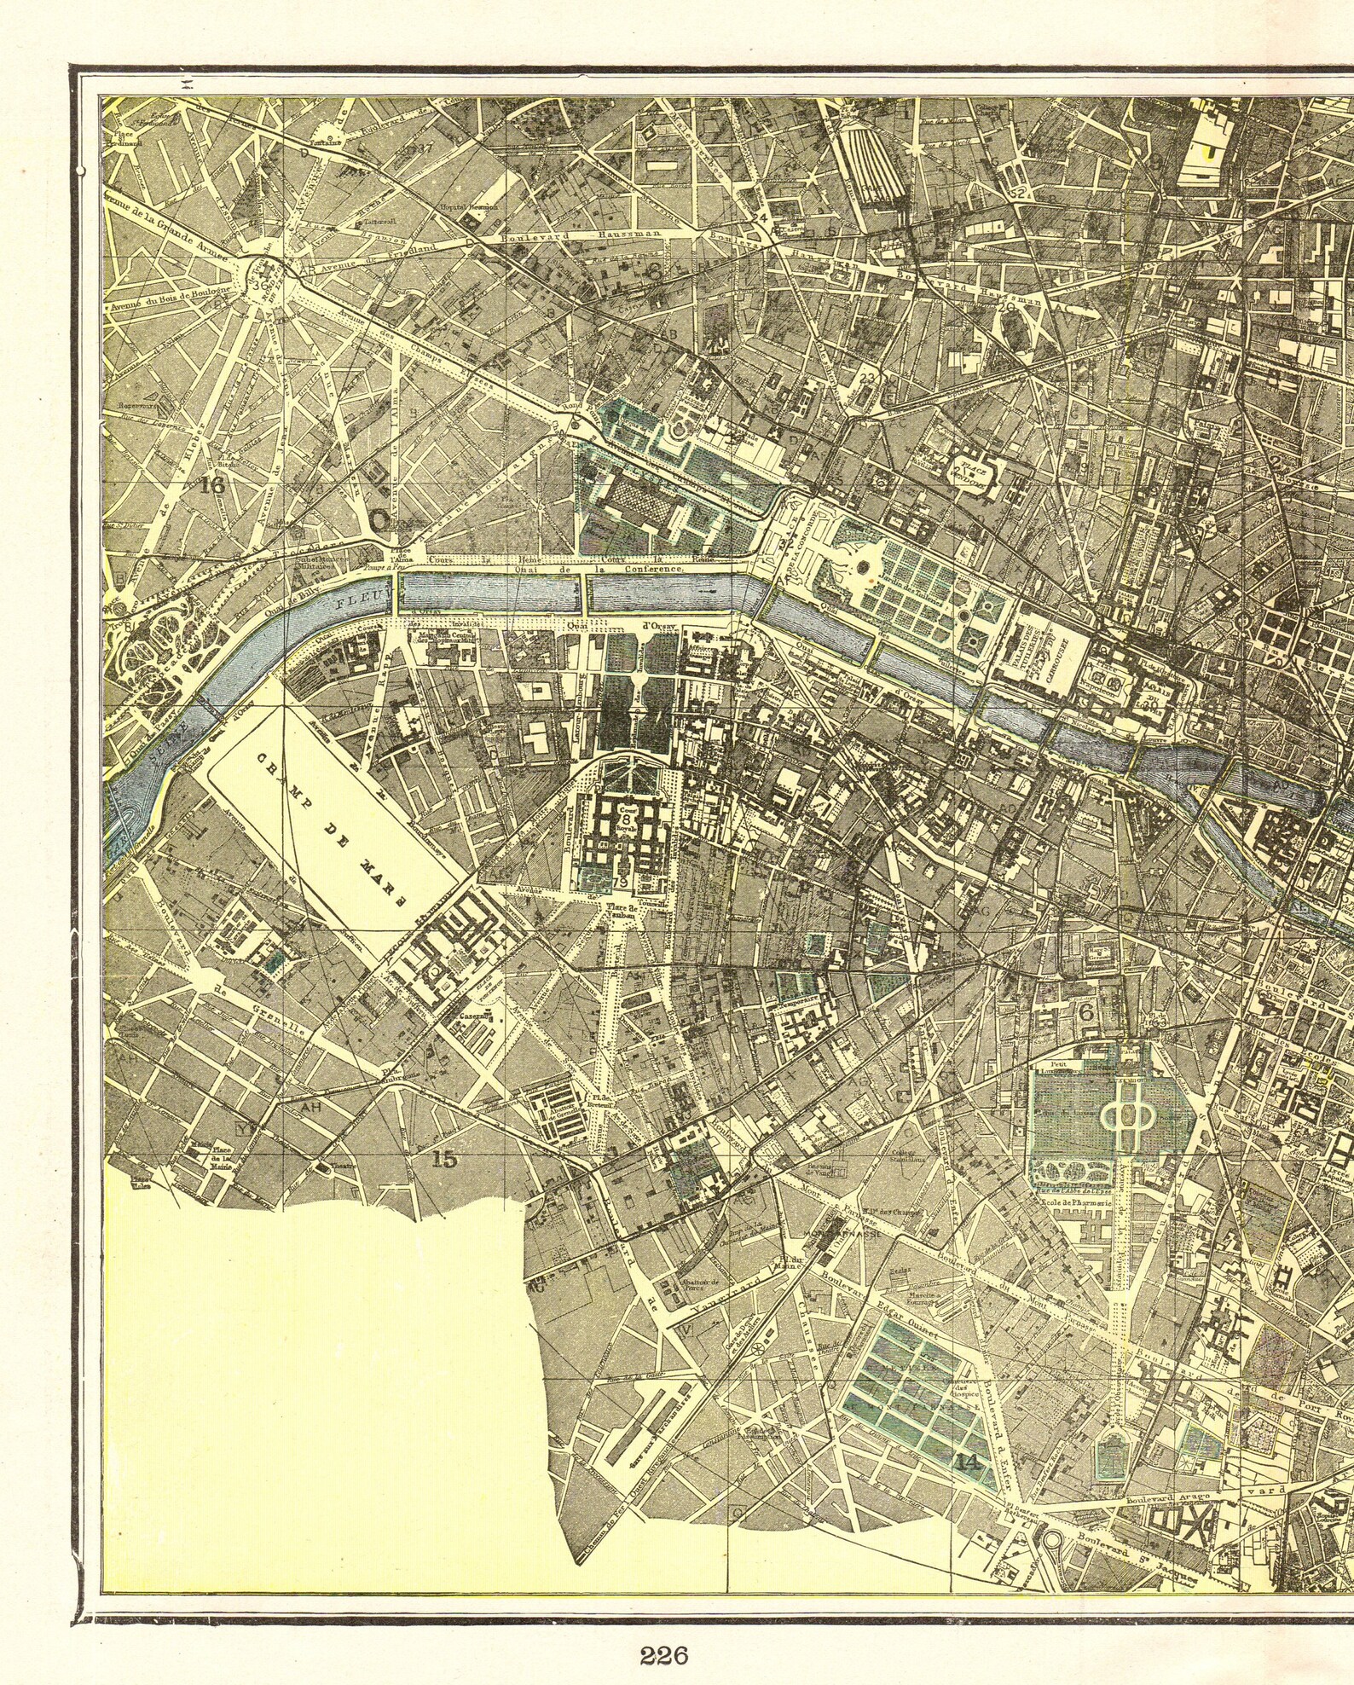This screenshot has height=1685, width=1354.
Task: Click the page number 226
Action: click(663, 1631)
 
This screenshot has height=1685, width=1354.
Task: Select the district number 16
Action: click(212, 486)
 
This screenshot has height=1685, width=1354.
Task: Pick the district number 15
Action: click(444, 1159)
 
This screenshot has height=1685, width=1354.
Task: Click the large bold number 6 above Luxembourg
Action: click(1086, 1012)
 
